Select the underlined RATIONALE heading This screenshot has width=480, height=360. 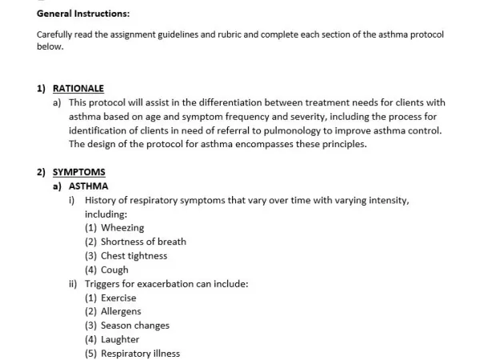[x=78, y=89]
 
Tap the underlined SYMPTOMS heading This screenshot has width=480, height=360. [x=78, y=172]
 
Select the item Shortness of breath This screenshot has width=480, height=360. [x=143, y=242]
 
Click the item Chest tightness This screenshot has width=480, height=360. [x=134, y=256]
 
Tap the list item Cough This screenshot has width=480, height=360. [x=114, y=270]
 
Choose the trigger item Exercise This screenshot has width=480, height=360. [x=118, y=298]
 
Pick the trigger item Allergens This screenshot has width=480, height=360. [x=120, y=311]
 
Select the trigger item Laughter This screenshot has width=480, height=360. [x=120, y=339]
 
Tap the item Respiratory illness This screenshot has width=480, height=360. [x=140, y=354]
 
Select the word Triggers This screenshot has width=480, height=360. [x=105, y=283]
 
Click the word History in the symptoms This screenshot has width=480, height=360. [x=102, y=200]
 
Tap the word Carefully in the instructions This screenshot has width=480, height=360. [x=58, y=35]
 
